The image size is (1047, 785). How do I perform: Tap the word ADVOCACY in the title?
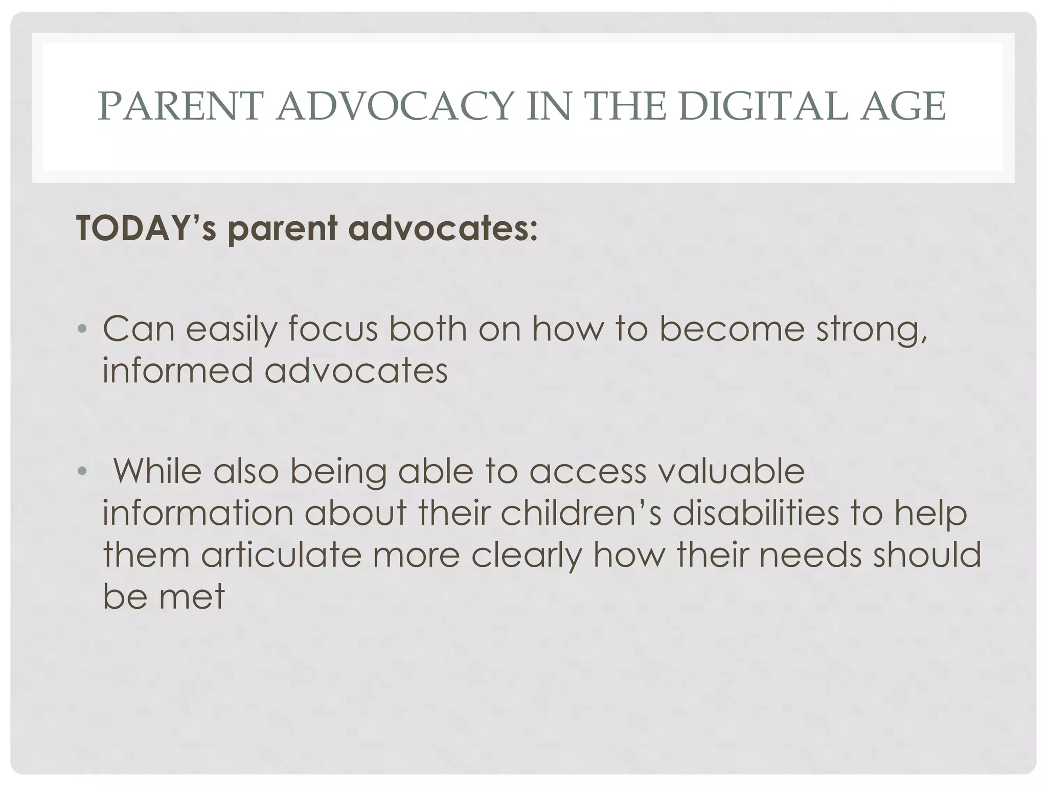tap(394, 106)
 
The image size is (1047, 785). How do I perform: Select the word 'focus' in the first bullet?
tap(333, 329)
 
